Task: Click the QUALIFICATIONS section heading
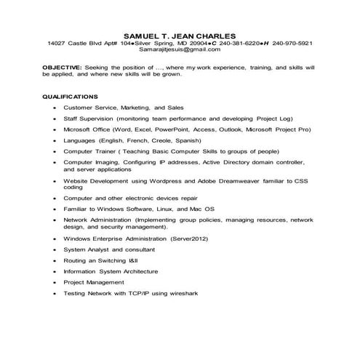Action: coord(70,96)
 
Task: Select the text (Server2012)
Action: coord(188,238)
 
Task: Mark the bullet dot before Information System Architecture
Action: coord(55,271)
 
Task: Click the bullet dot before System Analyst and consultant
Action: coord(55,249)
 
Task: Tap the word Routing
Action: coord(76,260)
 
